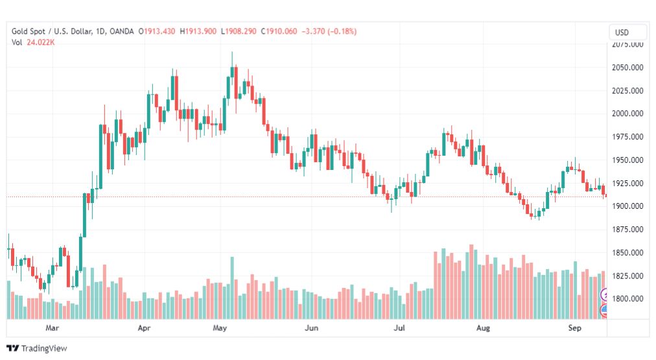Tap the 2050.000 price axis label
tap(627, 67)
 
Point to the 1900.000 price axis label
tap(627, 206)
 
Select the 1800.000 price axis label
tap(627, 299)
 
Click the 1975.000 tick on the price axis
tap(627, 137)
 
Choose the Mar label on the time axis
tap(53, 329)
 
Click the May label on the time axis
tap(220, 329)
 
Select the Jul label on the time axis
tap(399, 329)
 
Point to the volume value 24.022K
tap(40, 43)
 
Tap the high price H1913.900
tap(198, 31)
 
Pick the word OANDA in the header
tap(122, 31)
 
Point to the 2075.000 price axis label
tap(627, 45)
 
